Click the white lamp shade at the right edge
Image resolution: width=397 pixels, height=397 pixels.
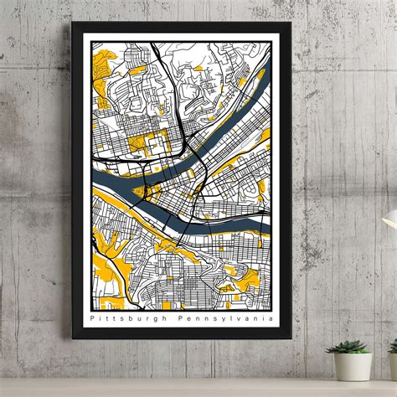click(x=390, y=219)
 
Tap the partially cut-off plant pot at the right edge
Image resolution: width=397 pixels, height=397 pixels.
click(x=393, y=365)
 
